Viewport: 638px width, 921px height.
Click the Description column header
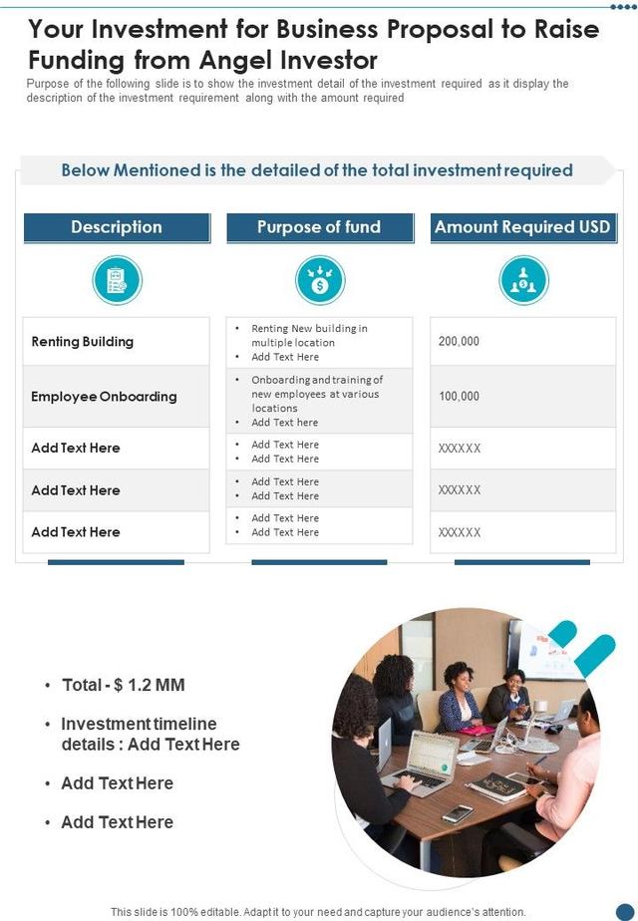click(117, 227)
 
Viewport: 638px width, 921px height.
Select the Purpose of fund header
click(319, 227)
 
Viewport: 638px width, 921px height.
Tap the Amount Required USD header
click(522, 227)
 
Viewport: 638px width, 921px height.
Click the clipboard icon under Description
click(117, 280)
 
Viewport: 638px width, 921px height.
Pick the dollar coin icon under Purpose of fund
click(319, 280)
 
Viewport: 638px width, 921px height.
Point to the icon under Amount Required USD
click(522, 280)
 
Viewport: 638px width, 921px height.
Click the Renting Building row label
click(83, 342)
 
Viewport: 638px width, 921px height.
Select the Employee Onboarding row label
click(104, 397)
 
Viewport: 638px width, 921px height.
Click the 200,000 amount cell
click(459, 342)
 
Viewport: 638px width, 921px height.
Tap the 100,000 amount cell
click(459, 397)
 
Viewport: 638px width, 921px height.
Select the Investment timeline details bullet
click(150, 734)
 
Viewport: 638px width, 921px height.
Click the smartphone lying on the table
click(458, 812)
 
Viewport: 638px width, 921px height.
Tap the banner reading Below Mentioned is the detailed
click(317, 170)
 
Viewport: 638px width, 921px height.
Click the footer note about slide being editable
click(318, 911)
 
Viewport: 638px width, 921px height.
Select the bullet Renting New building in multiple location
click(309, 335)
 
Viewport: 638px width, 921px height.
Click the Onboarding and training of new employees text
click(316, 394)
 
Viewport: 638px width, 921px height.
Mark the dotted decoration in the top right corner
click(622, 6)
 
